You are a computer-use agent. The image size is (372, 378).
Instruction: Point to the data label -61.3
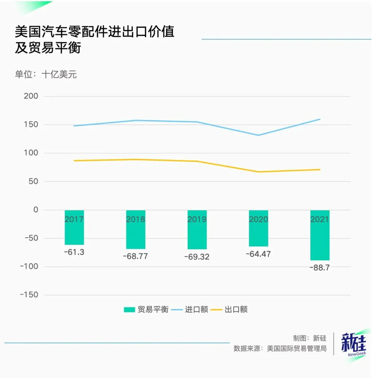[74, 252]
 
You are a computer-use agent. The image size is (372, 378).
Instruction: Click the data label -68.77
[135, 256]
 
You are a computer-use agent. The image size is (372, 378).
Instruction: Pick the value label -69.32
[197, 257]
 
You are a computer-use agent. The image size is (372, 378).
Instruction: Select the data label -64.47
[258, 254]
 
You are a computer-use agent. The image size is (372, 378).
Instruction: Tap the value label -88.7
[320, 268]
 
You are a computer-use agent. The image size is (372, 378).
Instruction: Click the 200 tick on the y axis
[31, 96]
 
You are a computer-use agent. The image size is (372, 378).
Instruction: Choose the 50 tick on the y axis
[33, 181]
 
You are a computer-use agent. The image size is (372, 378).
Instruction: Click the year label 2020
[258, 219]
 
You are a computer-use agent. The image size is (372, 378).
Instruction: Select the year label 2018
[135, 219]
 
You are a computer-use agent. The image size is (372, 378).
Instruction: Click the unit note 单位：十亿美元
[46, 74]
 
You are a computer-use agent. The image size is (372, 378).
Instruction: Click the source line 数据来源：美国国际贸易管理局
[280, 349]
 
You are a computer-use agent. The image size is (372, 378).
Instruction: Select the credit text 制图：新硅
[310, 338]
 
